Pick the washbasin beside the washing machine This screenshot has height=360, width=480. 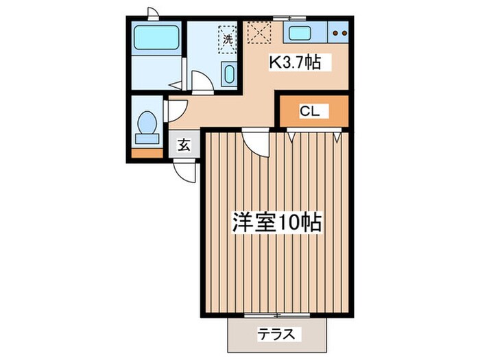tap(229, 73)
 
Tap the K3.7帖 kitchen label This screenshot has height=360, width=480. tap(294, 63)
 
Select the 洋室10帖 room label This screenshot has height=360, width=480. tap(277, 223)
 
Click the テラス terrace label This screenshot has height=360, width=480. tap(277, 335)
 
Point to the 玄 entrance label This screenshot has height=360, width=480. tap(184, 145)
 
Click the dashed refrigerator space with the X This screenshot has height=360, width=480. tap(259, 32)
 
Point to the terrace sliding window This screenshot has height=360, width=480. tap(277, 315)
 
